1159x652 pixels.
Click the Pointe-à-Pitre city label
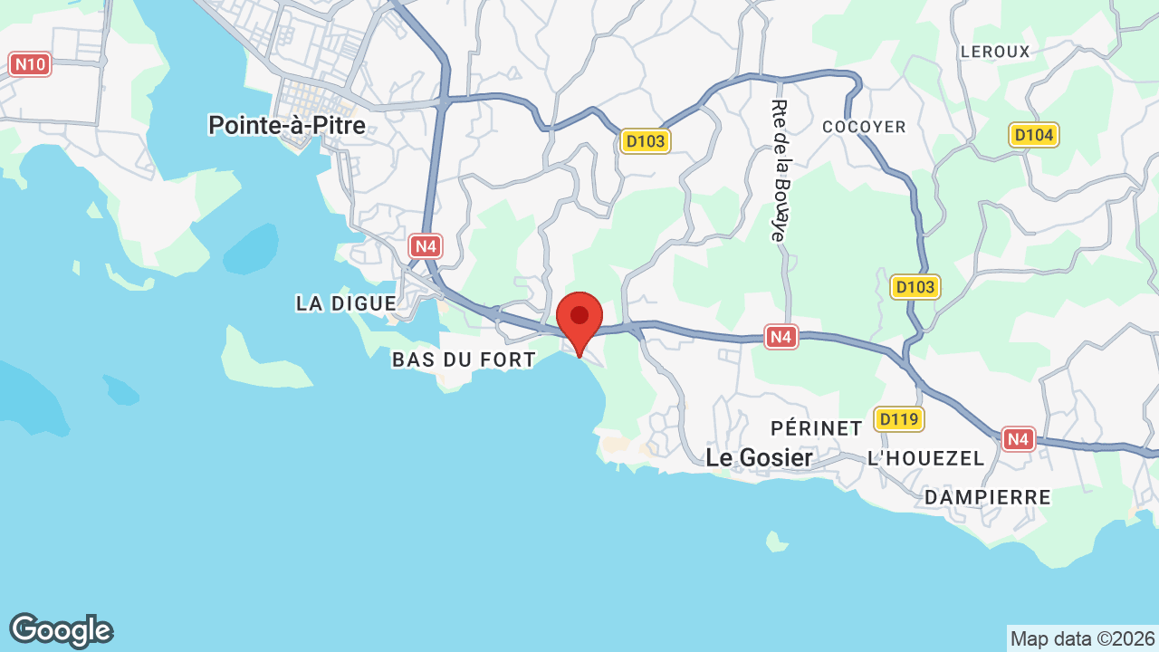coord(287,125)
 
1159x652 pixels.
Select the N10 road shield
coord(30,64)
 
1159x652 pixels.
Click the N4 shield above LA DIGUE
coord(426,245)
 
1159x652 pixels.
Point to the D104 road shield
coord(1034,135)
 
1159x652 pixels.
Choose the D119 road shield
coord(898,419)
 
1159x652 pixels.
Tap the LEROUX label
coord(995,52)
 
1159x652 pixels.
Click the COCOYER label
coord(864,127)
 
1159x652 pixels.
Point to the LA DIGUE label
coord(346,303)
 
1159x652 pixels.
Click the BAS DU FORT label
coord(464,360)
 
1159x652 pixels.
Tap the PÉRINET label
coord(816,427)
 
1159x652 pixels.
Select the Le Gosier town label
coord(759,458)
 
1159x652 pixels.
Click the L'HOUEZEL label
coord(925,458)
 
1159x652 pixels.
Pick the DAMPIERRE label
coord(988,497)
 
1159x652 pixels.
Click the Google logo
coord(61,630)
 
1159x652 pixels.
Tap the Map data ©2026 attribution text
coord(1083,638)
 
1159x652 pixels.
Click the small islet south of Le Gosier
coord(775,542)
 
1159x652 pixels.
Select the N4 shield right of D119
coord(1019,439)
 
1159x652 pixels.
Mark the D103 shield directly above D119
coord(915,287)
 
